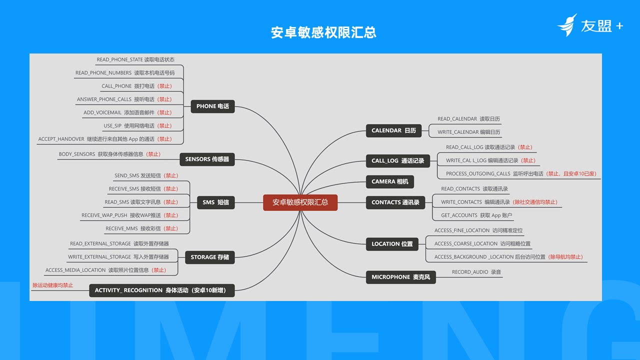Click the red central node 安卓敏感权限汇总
(300, 202)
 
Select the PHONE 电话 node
(212, 106)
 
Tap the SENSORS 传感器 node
(207, 159)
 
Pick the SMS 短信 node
(215, 202)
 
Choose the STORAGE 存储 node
(209, 257)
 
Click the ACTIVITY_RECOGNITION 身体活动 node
(161, 290)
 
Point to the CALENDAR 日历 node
(393, 130)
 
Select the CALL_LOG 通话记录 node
(397, 160)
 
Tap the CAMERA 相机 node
(389, 181)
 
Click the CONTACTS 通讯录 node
(395, 202)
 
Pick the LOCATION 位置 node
(392, 244)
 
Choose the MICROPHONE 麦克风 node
(400, 277)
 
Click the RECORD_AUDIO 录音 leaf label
(476, 272)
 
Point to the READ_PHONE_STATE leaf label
(135, 59)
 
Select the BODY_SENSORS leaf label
(109, 154)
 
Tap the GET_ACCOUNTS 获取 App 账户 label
(476, 215)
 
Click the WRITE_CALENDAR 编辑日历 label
(468, 132)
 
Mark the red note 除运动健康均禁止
(53, 285)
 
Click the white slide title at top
(323, 32)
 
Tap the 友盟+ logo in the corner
(590, 25)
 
